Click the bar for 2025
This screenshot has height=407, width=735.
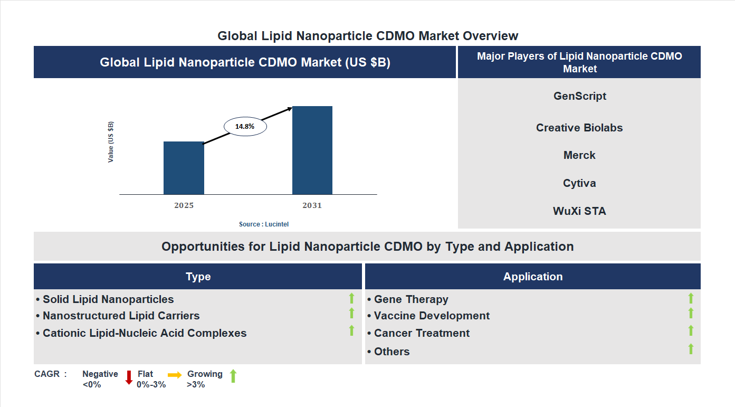tap(184, 168)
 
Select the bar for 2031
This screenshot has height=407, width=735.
tap(312, 150)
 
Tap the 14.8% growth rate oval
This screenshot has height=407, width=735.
tap(245, 127)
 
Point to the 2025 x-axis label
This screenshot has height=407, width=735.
tap(184, 205)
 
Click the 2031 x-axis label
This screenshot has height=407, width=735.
tap(312, 205)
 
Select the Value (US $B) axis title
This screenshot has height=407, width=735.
tap(111, 142)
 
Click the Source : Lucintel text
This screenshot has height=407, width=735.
tap(264, 224)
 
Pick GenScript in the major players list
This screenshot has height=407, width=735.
tap(579, 96)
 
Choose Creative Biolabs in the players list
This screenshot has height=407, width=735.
tap(579, 128)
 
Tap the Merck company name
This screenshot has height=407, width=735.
tap(579, 155)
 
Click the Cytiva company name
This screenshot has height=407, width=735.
tap(579, 183)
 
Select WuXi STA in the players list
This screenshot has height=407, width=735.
tap(579, 211)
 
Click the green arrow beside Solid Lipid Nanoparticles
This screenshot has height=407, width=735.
tap(351, 299)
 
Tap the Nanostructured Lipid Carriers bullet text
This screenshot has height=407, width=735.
tap(121, 316)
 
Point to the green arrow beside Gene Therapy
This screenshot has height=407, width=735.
tap(691, 299)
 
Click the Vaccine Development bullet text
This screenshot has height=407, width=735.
tap(432, 316)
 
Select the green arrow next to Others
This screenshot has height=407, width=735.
tap(691, 349)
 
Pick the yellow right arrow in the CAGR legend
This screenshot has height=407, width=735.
tap(175, 374)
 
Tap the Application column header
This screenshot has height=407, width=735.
tap(532, 277)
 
